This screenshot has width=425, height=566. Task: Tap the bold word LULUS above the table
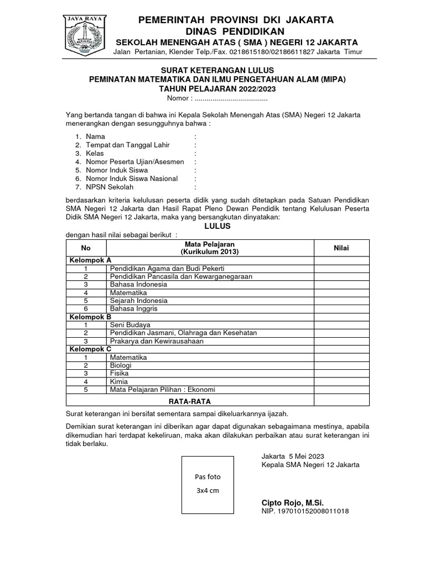[217, 227]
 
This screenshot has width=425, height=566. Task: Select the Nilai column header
[340, 248]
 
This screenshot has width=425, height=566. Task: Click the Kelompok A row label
[90, 260]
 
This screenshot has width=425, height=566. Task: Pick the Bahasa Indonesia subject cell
[138, 284]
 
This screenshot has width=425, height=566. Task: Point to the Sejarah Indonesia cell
[139, 301]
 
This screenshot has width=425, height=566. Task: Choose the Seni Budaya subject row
[130, 324]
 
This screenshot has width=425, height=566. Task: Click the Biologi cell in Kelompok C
[122, 365]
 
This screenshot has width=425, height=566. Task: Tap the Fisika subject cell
[120, 374]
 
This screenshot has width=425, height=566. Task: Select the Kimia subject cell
[119, 381]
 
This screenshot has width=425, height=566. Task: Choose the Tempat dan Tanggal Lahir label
[127, 145]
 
